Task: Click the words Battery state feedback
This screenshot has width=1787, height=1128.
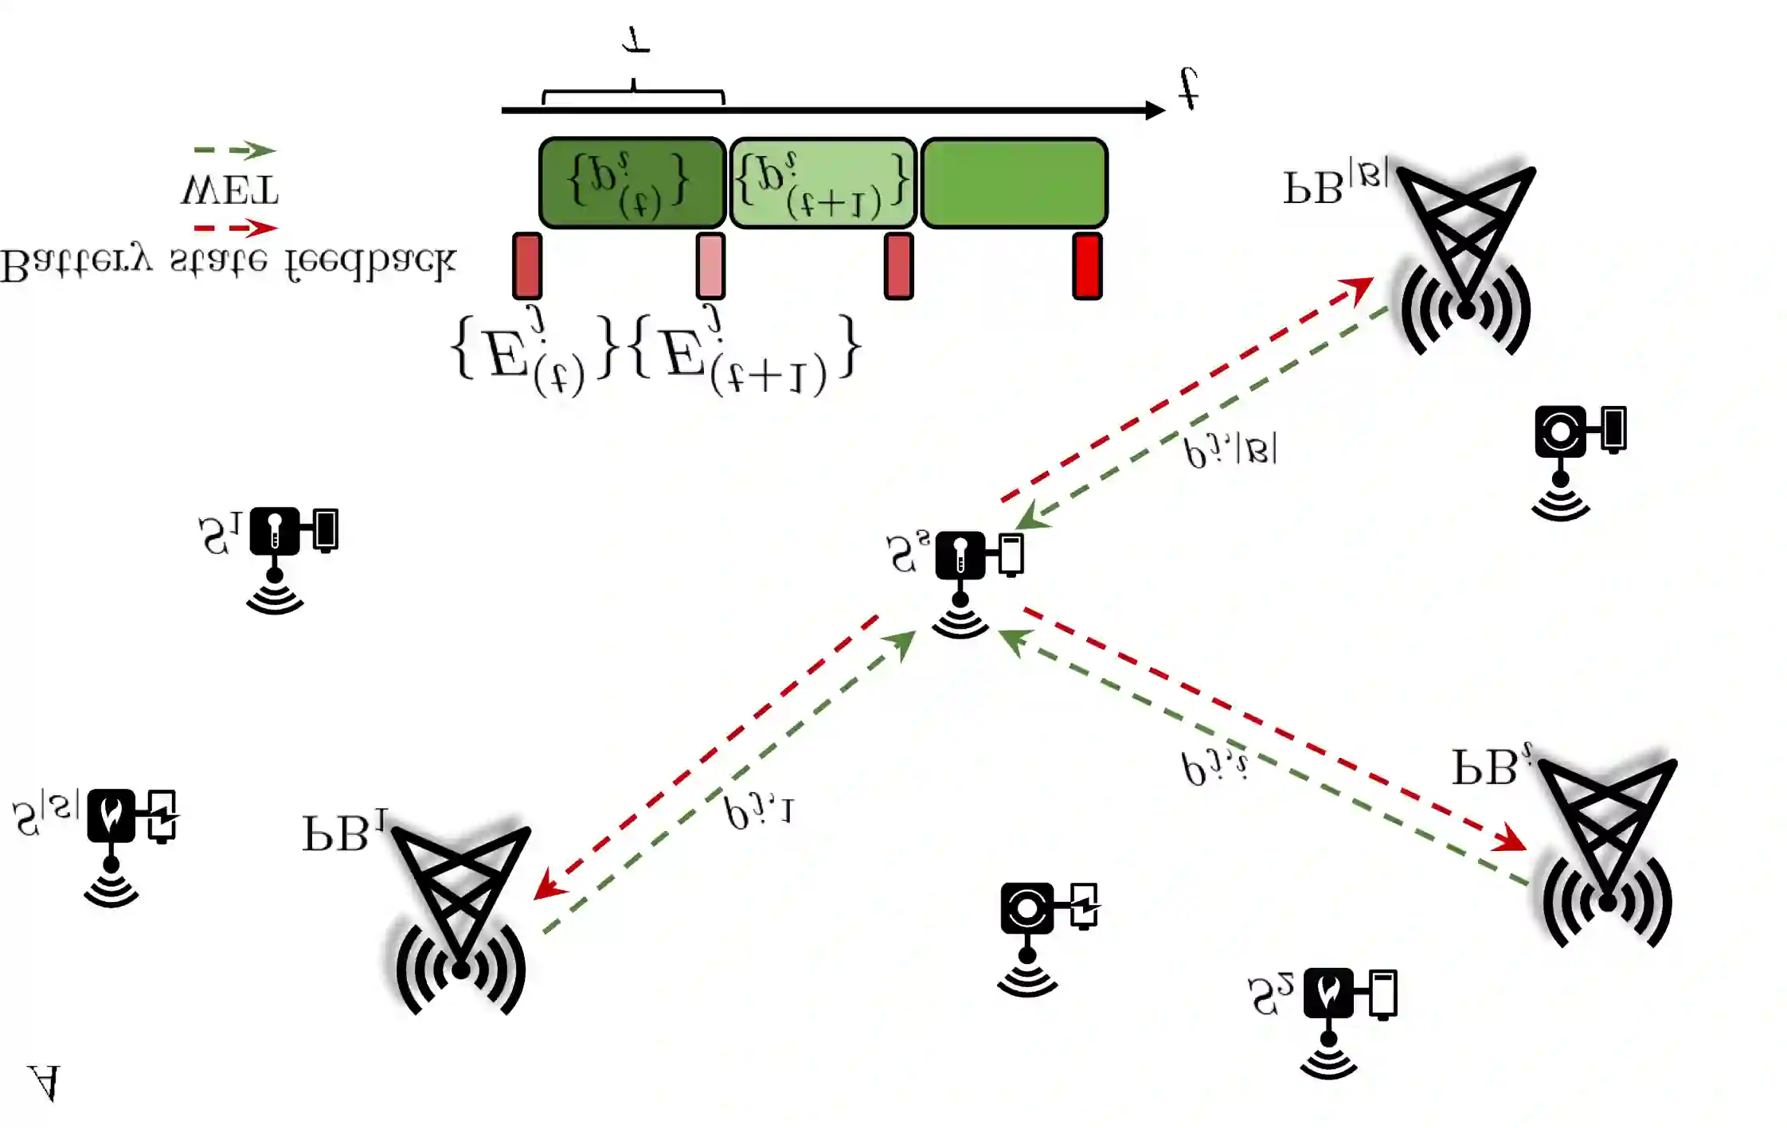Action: (x=228, y=263)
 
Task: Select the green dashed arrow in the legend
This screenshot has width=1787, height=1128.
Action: (x=235, y=150)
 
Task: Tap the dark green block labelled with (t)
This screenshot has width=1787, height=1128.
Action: (x=632, y=183)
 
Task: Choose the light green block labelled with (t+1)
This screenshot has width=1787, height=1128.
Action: (x=823, y=183)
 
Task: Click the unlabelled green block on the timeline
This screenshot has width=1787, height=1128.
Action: (x=1014, y=183)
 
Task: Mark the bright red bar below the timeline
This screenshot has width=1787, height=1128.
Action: (x=1087, y=266)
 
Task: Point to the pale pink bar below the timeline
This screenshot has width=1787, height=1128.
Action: (x=710, y=266)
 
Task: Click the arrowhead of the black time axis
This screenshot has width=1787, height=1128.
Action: (x=1155, y=110)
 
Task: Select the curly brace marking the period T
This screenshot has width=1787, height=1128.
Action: (x=633, y=94)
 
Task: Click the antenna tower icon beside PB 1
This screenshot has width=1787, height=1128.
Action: (x=461, y=915)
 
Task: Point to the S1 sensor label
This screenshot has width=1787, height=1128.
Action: (x=219, y=535)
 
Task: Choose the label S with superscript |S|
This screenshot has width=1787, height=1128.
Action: (x=45, y=816)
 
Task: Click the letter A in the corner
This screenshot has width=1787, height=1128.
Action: (x=44, y=1083)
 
